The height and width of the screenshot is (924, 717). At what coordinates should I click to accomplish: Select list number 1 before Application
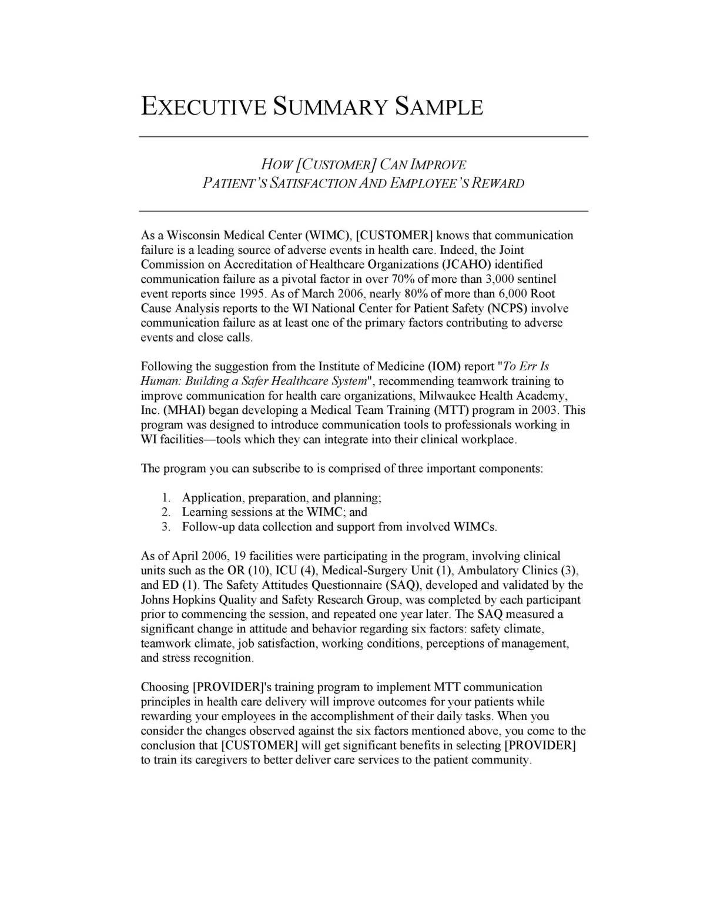pos(166,498)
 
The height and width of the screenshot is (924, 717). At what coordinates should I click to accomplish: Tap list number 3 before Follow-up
pos(166,527)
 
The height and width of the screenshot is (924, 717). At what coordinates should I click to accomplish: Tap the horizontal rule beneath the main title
pos(363,137)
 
